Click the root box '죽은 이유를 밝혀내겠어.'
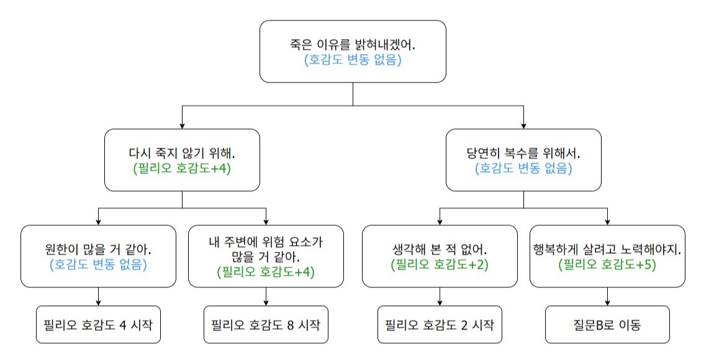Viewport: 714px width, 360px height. (x=353, y=52)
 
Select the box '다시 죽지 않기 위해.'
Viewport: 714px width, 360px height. (x=182, y=160)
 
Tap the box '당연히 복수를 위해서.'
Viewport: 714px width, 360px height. (x=523, y=160)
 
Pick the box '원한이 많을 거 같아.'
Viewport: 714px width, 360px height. (x=98, y=256)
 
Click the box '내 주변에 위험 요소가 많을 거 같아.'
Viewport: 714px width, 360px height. (x=266, y=256)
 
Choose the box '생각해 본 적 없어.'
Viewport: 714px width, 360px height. (x=440, y=256)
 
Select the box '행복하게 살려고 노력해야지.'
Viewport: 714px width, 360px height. (x=607, y=256)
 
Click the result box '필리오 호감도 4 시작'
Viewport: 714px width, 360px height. (x=98, y=325)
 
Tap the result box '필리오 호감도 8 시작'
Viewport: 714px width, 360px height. (x=266, y=325)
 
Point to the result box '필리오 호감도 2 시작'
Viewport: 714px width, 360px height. (x=440, y=325)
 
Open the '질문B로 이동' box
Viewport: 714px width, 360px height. (x=607, y=325)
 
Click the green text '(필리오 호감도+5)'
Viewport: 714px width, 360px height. (x=607, y=264)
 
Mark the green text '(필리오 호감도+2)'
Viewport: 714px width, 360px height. (x=440, y=264)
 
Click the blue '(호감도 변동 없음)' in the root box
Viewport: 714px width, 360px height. (x=353, y=60)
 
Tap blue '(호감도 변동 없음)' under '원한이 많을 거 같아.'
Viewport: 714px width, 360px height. (x=98, y=264)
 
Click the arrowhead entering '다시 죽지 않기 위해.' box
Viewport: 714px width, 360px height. (x=182, y=125)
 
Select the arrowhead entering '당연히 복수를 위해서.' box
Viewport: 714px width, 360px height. (x=523, y=125)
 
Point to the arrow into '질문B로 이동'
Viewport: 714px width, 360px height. (x=607, y=297)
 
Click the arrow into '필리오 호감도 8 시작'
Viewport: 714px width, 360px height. (x=266, y=297)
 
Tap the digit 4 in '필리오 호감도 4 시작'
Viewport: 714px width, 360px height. (x=122, y=325)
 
